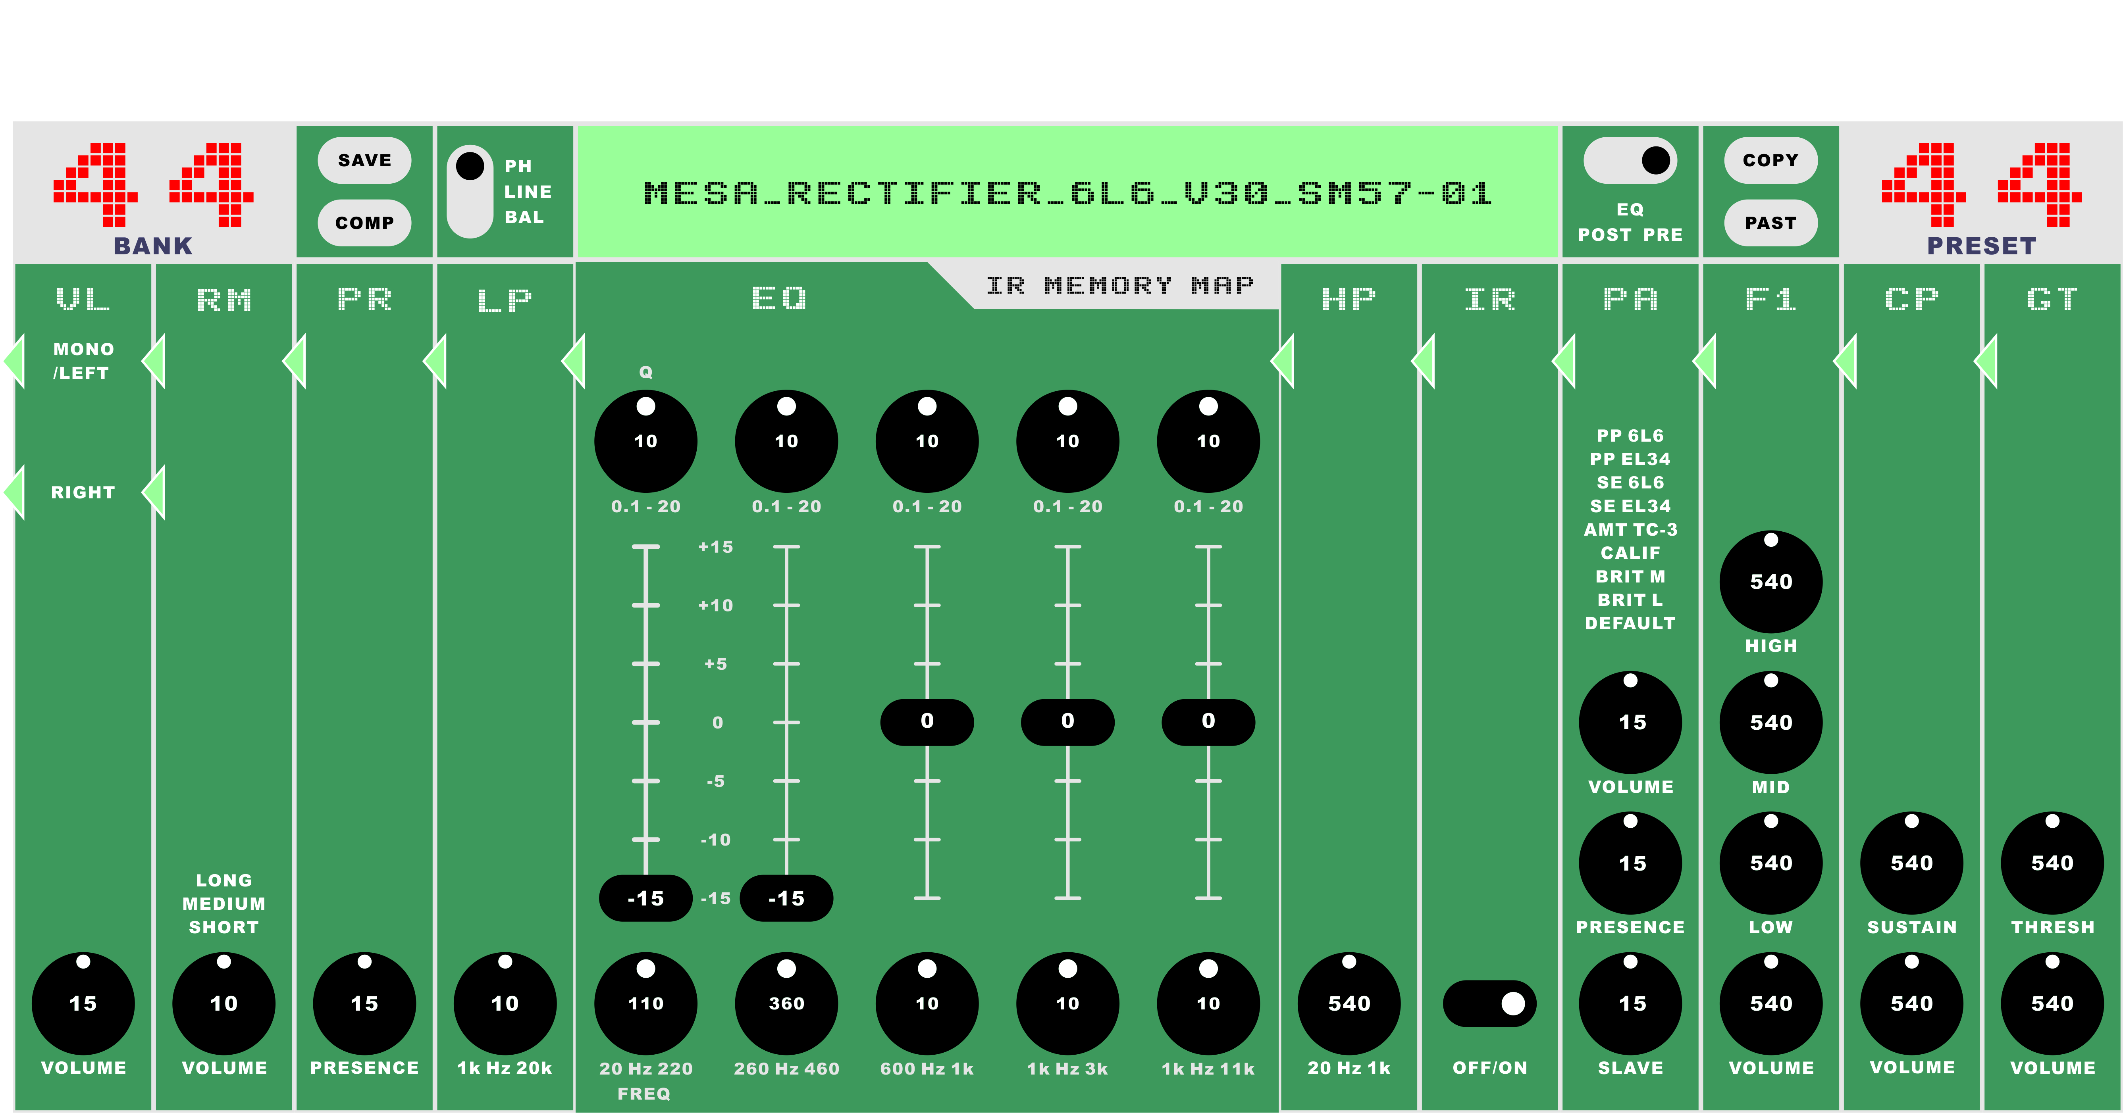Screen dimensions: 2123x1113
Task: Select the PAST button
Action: click(x=1770, y=223)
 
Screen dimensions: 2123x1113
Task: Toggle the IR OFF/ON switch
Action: click(x=1489, y=1003)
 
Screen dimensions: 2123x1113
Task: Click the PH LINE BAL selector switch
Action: click(x=470, y=191)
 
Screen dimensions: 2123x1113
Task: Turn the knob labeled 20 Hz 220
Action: click(x=645, y=1003)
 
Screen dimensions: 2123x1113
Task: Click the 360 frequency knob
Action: click(x=786, y=1003)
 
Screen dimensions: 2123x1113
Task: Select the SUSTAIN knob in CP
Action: click(x=1911, y=863)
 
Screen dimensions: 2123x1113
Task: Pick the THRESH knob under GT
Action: click(x=2052, y=863)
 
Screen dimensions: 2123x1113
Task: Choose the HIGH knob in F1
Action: click(x=1770, y=582)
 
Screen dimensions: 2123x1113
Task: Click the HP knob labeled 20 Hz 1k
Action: click(x=1348, y=1003)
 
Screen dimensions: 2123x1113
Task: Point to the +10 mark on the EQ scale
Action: click(x=715, y=606)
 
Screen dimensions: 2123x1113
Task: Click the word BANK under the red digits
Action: click(x=153, y=246)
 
